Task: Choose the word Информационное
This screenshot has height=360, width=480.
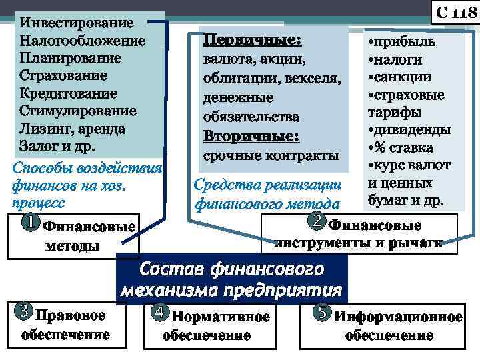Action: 399,317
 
